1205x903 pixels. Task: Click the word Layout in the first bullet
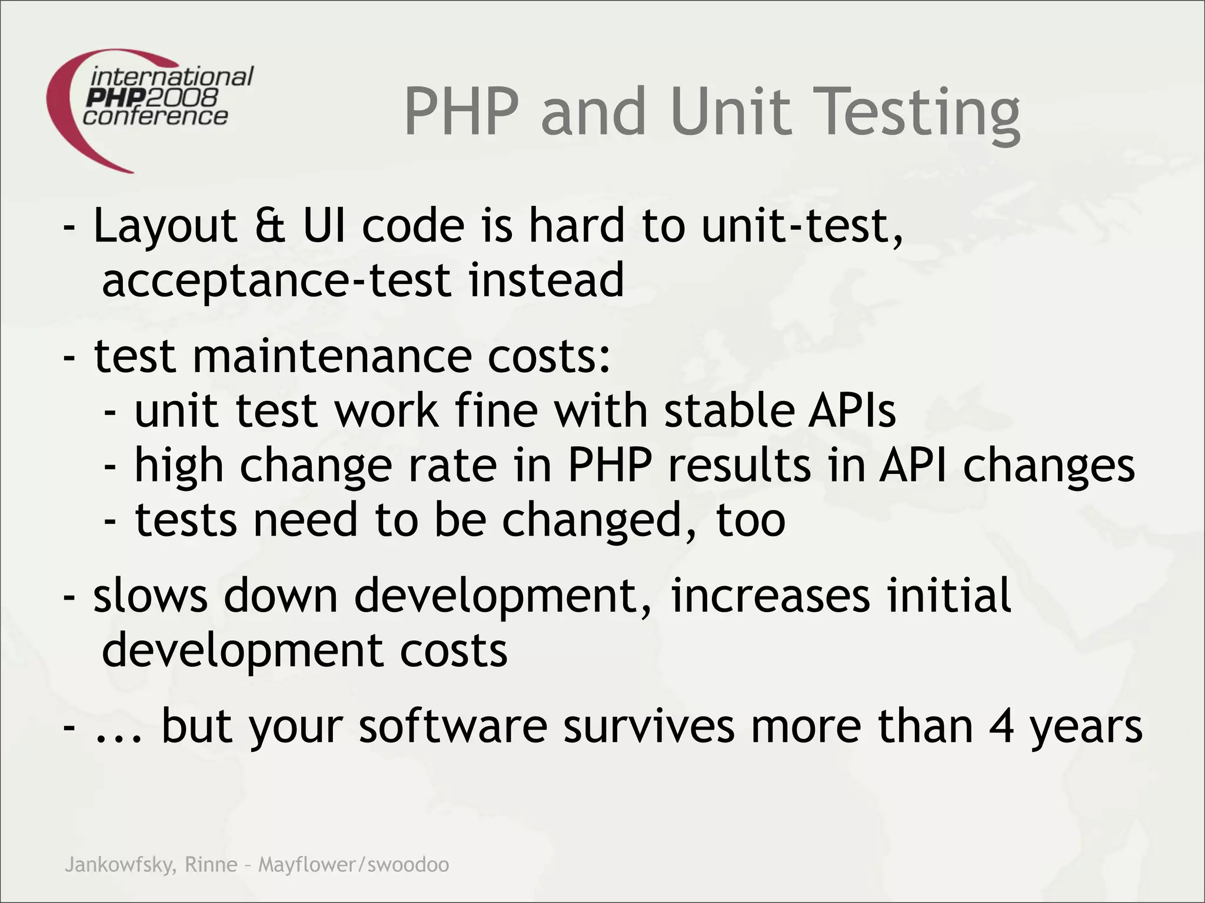pos(165,226)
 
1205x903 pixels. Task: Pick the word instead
pos(546,280)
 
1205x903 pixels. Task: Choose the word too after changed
pos(751,520)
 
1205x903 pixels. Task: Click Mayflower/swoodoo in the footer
pos(354,865)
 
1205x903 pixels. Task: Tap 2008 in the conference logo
pos(189,97)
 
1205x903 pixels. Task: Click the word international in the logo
pos(172,77)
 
